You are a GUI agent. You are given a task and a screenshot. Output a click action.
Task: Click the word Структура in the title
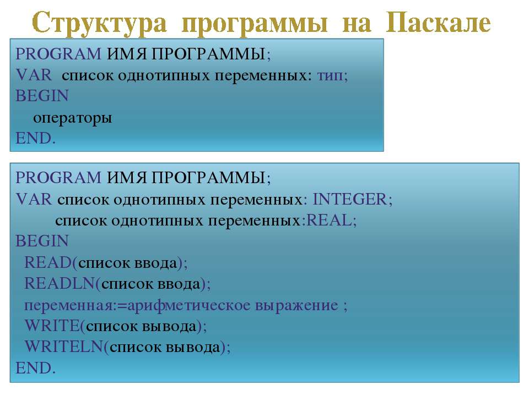100,24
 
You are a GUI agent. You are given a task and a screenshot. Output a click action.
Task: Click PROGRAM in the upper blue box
58,54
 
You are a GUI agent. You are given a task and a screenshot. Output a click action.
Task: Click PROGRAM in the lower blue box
58,178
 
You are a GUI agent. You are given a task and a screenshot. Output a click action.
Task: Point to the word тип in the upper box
330,75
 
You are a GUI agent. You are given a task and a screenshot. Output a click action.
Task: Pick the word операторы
73,118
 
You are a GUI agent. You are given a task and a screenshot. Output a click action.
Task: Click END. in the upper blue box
35,138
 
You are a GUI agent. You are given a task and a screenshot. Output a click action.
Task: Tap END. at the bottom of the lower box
35,368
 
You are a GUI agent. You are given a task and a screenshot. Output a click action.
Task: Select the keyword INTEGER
349,199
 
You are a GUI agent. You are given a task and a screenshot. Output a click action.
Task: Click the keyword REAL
328,220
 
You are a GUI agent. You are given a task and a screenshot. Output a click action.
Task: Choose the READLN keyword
60,283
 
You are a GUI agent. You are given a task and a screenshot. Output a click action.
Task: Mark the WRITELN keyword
64,346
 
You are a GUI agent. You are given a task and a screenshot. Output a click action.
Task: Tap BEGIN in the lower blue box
42,241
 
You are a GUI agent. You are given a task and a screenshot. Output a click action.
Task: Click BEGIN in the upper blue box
42,96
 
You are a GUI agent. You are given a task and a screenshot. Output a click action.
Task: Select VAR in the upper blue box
34,75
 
